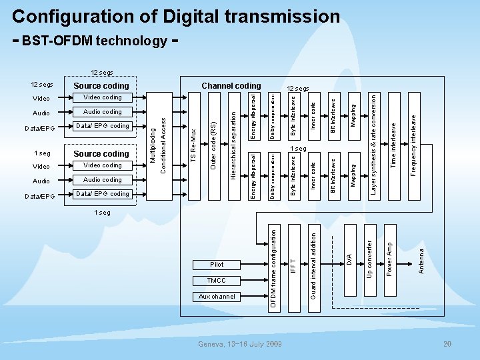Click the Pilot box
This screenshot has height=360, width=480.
[x=217, y=265]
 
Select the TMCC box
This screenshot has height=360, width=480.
[x=217, y=281]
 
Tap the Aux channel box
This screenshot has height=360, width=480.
[x=217, y=297]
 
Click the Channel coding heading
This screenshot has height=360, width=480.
[x=231, y=86]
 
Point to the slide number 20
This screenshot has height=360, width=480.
[x=449, y=344]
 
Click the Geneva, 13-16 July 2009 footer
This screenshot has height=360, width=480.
[x=240, y=344]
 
